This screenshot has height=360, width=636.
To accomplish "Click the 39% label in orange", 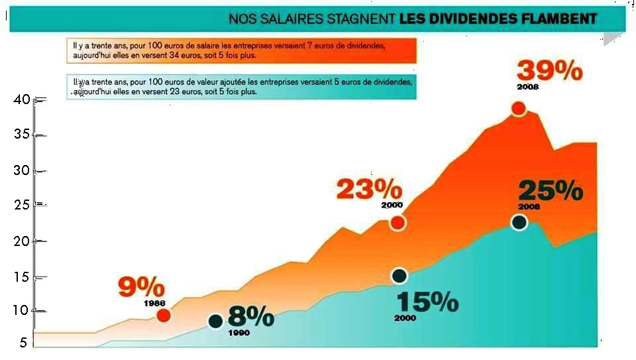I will (549, 70).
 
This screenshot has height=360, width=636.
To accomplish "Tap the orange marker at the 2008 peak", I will (518, 109).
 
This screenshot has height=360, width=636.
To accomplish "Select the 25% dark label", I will (550, 191).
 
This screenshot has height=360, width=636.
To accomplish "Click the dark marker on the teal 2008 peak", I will (519, 222).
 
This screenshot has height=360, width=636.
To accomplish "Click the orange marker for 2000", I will (397, 223).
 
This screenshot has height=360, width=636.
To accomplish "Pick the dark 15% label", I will (427, 302).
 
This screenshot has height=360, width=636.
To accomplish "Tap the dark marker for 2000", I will (399, 275).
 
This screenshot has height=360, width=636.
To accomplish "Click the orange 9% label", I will (141, 288).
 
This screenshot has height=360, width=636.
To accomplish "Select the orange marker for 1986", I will (164, 315).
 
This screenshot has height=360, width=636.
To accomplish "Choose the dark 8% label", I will (250, 316).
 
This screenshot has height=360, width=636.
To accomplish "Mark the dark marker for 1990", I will (215, 322).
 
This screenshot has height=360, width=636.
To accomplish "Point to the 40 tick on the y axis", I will (22, 100).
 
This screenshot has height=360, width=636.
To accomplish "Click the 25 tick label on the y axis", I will (22, 205).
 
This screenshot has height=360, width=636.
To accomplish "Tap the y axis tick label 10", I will (22, 310).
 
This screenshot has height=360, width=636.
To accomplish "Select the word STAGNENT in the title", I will (360, 19).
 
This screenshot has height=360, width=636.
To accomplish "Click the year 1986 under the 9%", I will (154, 303).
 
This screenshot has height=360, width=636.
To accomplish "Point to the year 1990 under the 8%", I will (238, 333).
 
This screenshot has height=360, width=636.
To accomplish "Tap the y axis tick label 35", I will (22, 135).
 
